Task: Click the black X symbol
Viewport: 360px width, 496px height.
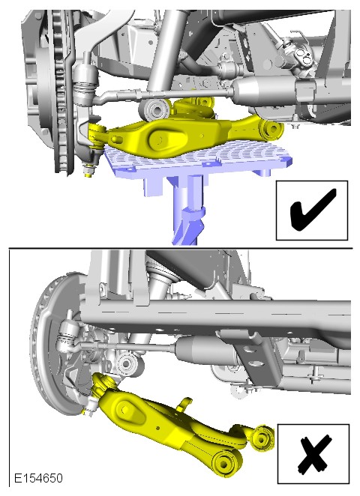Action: pos(313,454)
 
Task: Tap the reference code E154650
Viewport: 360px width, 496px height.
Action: pos(39,478)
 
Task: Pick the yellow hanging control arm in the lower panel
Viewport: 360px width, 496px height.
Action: pos(177,424)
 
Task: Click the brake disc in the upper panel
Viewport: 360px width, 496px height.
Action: pos(60,91)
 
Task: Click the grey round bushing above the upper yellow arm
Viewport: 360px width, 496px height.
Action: pos(154,109)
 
